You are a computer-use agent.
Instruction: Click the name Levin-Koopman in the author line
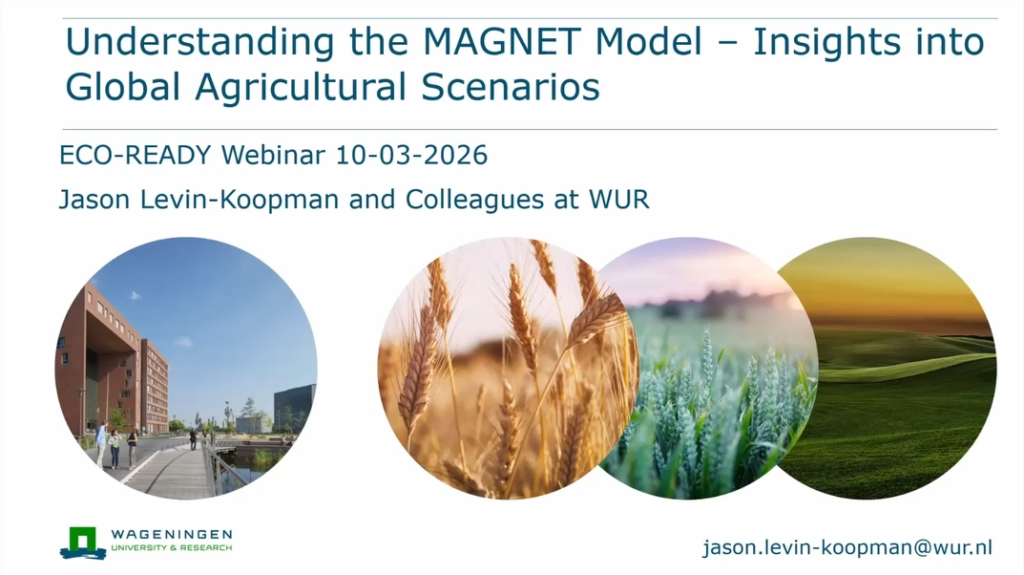point(258,202)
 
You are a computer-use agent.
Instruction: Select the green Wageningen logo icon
point(82,542)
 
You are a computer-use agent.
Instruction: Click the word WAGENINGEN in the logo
point(172,534)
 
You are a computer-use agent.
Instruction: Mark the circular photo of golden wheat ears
point(496,368)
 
